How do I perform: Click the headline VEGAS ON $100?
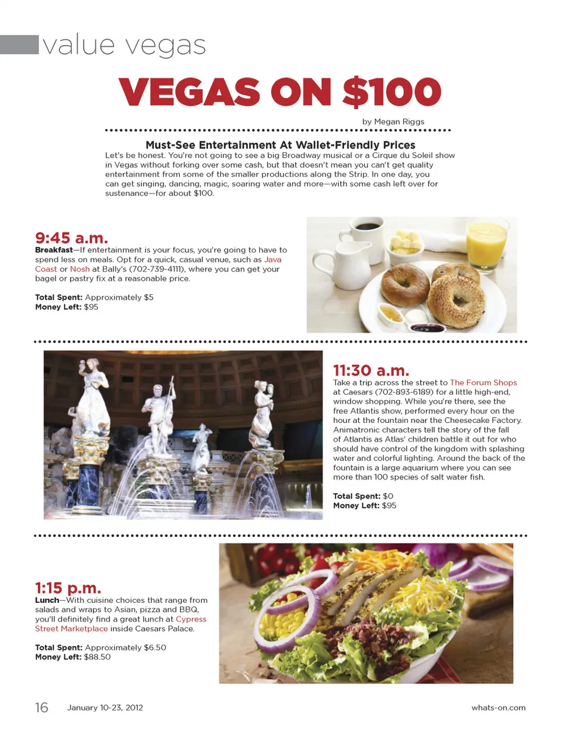pos(280,92)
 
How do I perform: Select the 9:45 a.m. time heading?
pos(71,238)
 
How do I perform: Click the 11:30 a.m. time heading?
pos(371,370)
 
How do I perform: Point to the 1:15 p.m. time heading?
pos(68,588)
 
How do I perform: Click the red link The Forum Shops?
pos(483,383)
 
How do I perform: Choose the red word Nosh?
pos(80,269)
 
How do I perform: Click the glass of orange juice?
pos(485,243)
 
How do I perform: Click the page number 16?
pos(41,707)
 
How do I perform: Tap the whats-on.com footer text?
pos(498,707)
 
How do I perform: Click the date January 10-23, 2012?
pos(105,707)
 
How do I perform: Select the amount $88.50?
pos(97,657)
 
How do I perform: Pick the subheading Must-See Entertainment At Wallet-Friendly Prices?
pos(280,145)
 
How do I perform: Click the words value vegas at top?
pos(124,45)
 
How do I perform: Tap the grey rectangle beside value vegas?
pos(19,45)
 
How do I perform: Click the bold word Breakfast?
pos(54,250)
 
